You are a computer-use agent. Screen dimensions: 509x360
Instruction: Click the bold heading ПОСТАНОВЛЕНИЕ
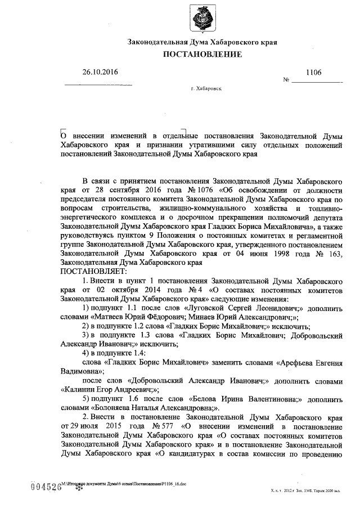pyautogui.click(x=202, y=55)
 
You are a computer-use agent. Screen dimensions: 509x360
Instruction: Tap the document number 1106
pyautogui.click(x=313, y=73)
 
